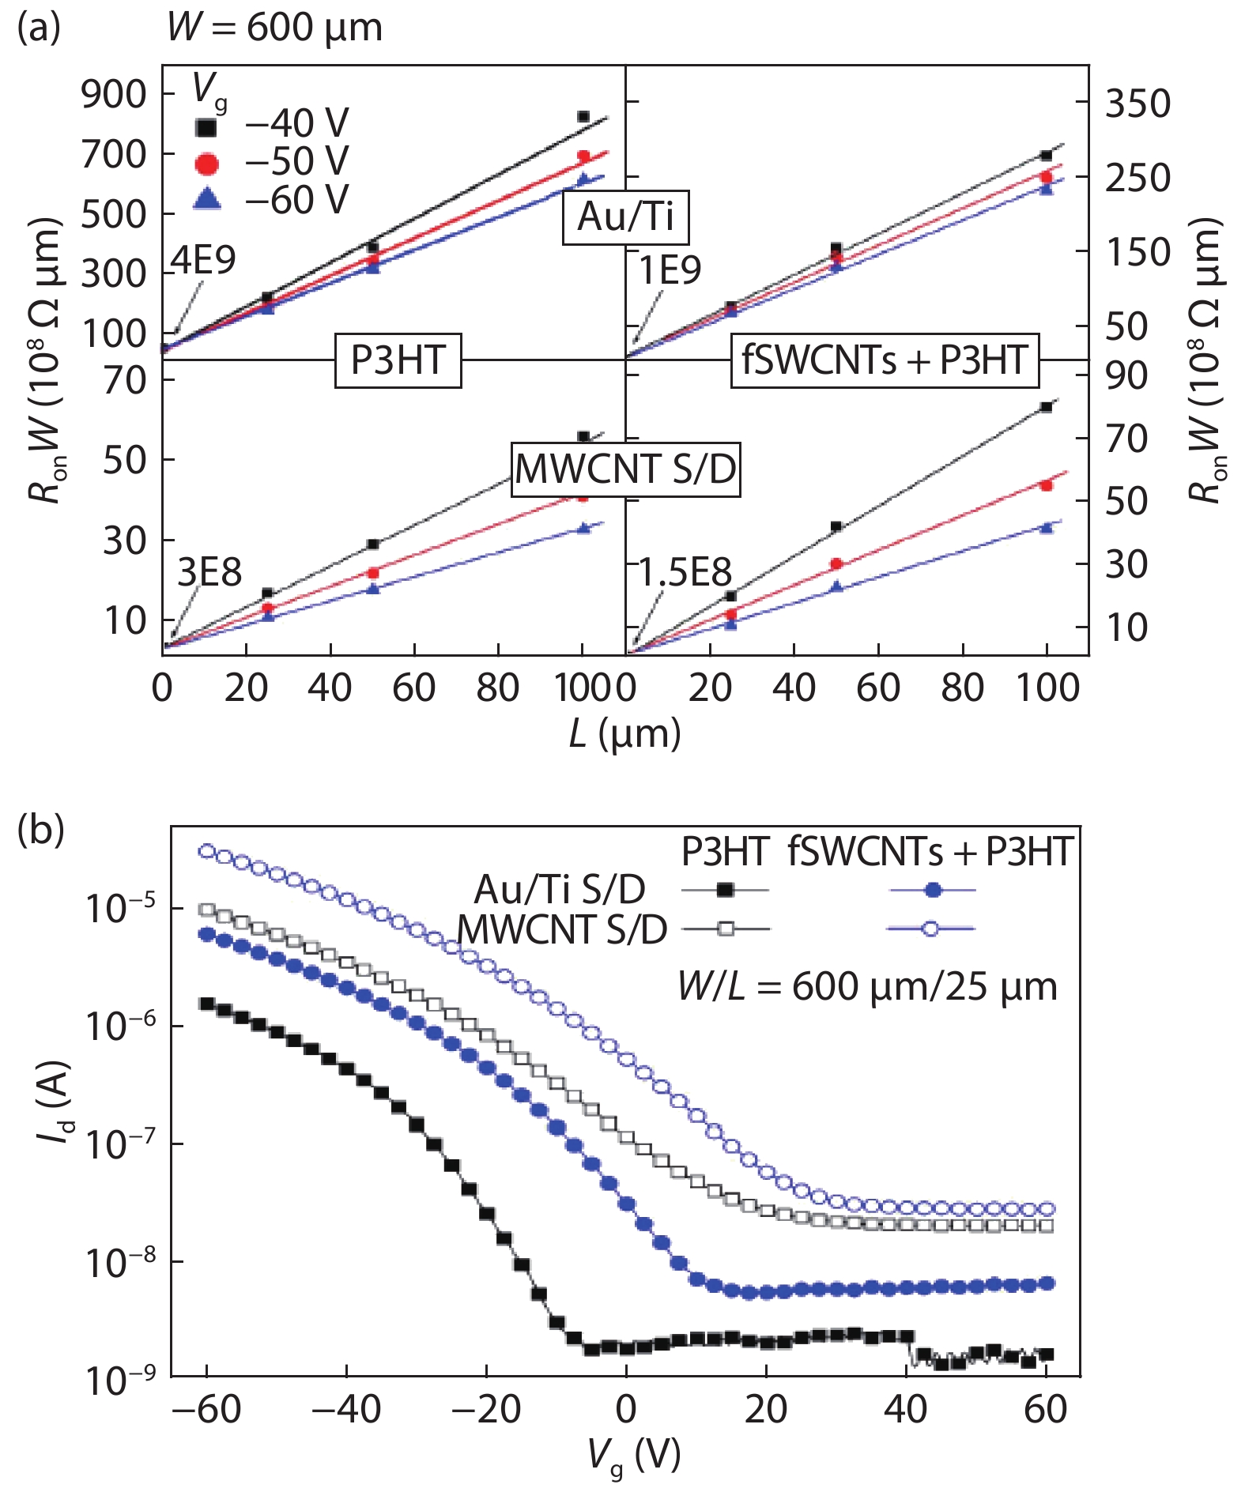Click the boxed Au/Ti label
pyautogui.click(x=625, y=217)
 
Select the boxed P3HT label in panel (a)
pyautogui.click(x=398, y=361)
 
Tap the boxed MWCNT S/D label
pyautogui.click(x=625, y=469)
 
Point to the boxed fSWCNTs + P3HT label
pyautogui.click(x=885, y=360)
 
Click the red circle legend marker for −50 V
pyautogui.click(x=207, y=163)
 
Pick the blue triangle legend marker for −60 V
pyautogui.click(x=207, y=199)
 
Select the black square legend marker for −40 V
pyautogui.click(x=207, y=126)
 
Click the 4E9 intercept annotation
pyautogui.click(x=203, y=260)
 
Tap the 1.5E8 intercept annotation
pyautogui.click(x=685, y=572)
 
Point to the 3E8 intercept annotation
pyautogui.click(x=209, y=572)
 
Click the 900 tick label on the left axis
pyautogui.click(x=114, y=95)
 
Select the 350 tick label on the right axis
pyautogui.click(x=1137, y=104)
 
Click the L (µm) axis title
pyautogui.click(x=624, y=734)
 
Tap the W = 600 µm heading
pyautogui.click(x=274, y=28)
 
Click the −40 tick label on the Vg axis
pyautogui.click(x=345, y=1410)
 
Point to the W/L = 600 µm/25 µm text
pyautogui.click(x=867, y=987)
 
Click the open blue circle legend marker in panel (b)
pyautogui.click(x=931, y=929)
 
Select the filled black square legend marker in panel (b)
pyautogui.click(x=725, y=891)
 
